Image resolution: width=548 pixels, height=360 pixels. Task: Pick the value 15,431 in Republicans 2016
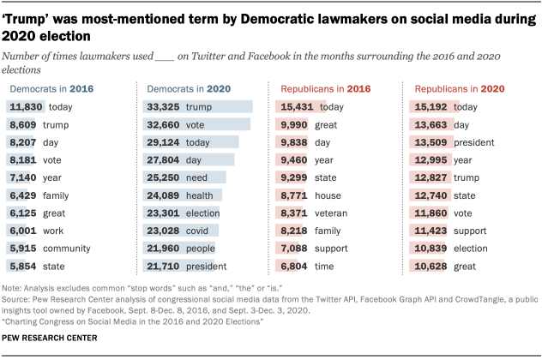296,107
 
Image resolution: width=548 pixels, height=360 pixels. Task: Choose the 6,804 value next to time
296,267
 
